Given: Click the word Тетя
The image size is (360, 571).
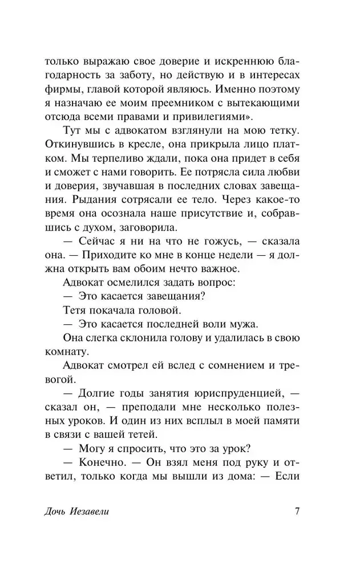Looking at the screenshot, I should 74,326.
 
